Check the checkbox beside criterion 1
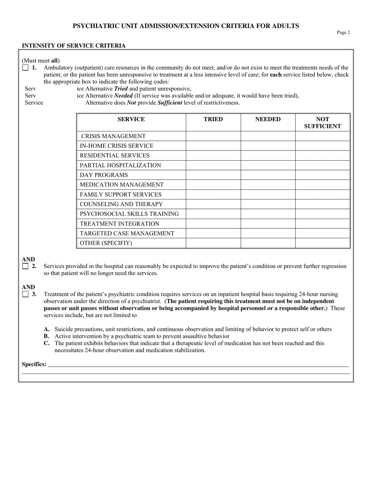pos(25,67)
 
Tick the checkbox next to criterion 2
pos(25,266)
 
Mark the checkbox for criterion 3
pos(25,294)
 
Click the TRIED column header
pos(213,119)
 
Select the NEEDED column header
pos(268,119)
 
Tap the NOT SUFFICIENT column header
pos(323,123)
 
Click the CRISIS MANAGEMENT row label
pos(113,136)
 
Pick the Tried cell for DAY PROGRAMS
pos(213,175)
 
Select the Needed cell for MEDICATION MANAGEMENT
pos(268,185)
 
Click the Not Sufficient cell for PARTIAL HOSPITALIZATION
pos(323,165)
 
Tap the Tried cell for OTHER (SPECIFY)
pos(213,243)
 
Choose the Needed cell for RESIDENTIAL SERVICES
pos(268,156)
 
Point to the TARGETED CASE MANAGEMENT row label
pos(127,233)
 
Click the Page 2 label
pos(343,33)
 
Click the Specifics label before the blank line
pos(34,364)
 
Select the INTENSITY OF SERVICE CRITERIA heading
pos(74,45)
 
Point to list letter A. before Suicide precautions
pos(47,329)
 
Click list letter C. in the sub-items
pos(47,343)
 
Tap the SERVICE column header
pos(131,119)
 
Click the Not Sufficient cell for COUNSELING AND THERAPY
pos(323,204)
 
